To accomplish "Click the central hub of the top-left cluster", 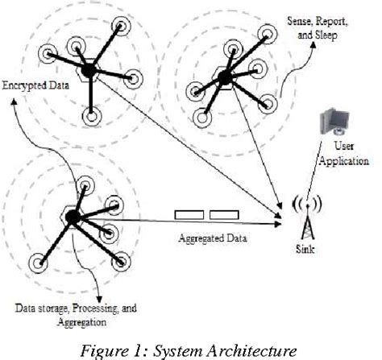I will [x=89, y=70].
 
